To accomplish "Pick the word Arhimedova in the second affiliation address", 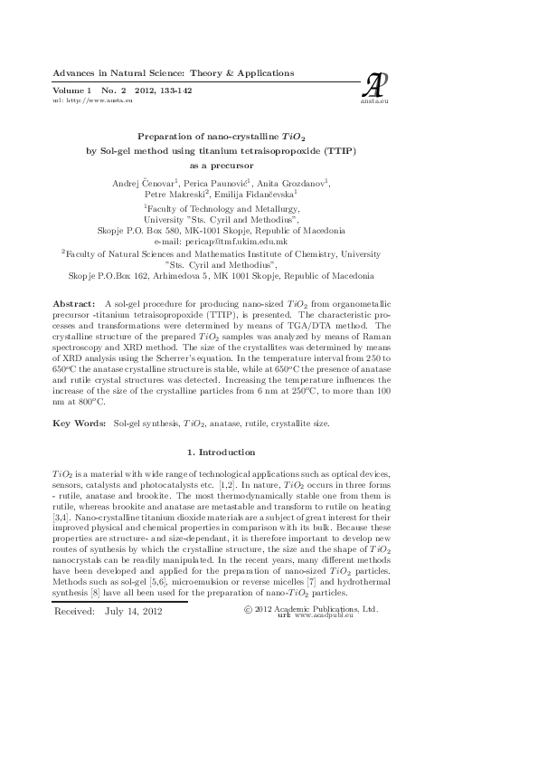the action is (192, 275).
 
